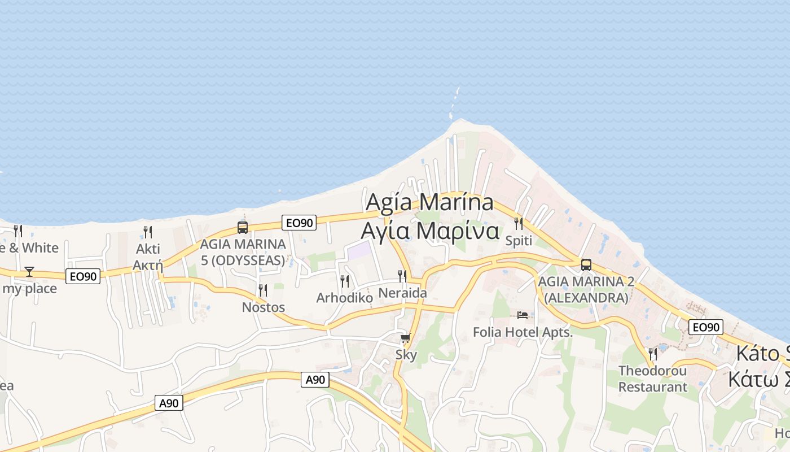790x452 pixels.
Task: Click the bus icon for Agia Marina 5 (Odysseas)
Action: tap(243, 228)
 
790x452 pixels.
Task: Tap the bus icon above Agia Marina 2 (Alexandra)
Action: tap(586, 264)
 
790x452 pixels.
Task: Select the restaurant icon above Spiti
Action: tap(519, 224)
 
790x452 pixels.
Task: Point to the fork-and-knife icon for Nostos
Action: tap(263, 290)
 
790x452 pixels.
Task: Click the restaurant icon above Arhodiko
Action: tap(345, 281)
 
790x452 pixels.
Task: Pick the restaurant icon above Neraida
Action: tap(402, 276)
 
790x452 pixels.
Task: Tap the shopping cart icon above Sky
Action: tap(406, 338)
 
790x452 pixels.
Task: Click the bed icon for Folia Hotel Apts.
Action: tap(523, 315)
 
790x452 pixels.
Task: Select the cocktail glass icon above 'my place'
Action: tap(29, 272)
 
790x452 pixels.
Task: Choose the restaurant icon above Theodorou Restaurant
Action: tap(653, 354)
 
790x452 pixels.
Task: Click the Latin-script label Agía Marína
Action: tap(429, 202)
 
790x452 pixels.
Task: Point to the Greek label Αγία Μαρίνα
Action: tap(430, 231)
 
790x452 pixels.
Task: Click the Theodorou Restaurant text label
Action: tap(653, 379)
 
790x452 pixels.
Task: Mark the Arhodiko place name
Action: tap(345, 298)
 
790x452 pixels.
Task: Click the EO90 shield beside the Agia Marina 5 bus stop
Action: tap(299, 223)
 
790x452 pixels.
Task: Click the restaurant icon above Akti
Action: tap(148, 232)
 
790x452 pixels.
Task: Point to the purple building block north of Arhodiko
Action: tap(360, 250)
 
